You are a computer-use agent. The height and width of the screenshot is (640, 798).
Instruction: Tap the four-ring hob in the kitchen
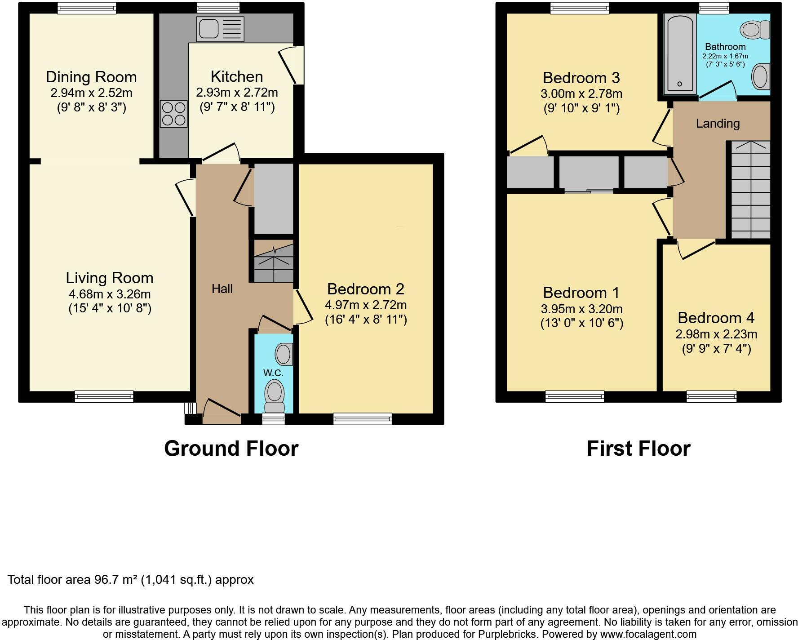173,114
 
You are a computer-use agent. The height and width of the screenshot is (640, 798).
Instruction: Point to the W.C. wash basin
284,354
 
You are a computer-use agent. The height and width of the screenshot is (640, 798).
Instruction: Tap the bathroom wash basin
761,76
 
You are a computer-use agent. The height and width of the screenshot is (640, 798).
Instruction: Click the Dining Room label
91,77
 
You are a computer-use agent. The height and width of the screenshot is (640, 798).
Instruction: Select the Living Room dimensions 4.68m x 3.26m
109,294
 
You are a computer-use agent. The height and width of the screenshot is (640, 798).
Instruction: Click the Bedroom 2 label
366,289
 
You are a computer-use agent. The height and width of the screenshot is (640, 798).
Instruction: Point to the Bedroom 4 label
716,318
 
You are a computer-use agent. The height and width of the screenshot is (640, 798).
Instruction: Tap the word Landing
718,124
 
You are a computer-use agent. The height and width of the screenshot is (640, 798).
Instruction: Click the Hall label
222,289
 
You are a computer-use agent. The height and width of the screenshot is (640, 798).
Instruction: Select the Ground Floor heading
231,449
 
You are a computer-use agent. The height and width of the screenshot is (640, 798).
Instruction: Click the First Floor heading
638,449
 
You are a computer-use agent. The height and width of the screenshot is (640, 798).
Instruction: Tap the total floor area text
130,580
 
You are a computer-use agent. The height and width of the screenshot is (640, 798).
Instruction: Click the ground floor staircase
274,262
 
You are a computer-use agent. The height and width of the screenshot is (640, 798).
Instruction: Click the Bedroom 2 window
363,419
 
